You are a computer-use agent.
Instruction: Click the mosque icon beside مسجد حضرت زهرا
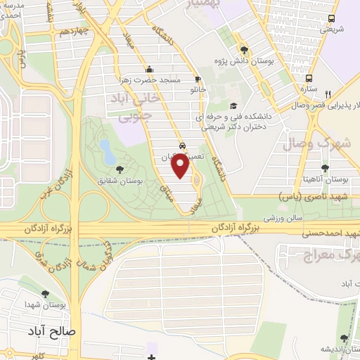pyautogui.click(x=148, y=69)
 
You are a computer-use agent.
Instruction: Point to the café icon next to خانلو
pyautogui.click(x=198, y=79)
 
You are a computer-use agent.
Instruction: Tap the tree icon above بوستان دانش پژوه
pyautogui.click(x=244, y=49)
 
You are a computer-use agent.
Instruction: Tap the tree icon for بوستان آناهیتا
pyautogui.click(x=324, y=168)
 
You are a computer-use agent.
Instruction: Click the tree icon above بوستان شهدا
pyautogui.click(x=46, y=295)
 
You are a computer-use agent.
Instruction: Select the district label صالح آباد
pyautogui.click(x=51, y=330)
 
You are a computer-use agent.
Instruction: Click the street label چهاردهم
pyautogui.click(x=73, y=32)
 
